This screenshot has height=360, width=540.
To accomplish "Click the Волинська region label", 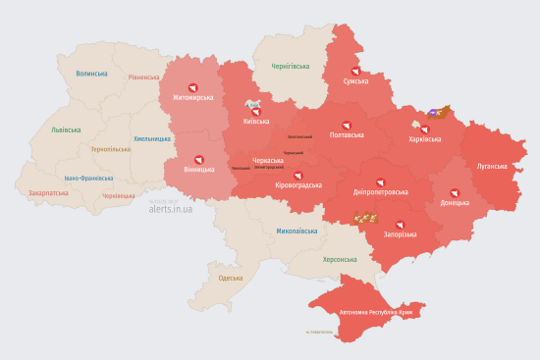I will click(x=91, y=73).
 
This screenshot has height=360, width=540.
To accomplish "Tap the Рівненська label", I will click(x=143, y=77).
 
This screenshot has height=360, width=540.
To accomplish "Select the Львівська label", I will click(x=68, y=130).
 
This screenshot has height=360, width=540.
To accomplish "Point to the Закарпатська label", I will click(x=49, y=193).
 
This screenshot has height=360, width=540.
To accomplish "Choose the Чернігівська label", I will click(x=291, y=66).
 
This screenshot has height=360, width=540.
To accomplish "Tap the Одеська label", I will click(x=230, y=279).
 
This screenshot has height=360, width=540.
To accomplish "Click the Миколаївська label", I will click(x=297, y=231).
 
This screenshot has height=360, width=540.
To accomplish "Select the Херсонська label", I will click(x=341, y=260).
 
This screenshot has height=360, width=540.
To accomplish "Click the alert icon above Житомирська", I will click(x=192, y=87).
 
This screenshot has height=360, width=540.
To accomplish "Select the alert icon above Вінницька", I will click(x=199, y=159).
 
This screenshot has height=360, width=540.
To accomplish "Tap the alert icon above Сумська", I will click(x=355, y=71).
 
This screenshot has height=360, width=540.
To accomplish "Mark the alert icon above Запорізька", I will click(x=400, y=225).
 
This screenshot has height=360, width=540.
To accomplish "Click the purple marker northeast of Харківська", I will click(x=433, y=114).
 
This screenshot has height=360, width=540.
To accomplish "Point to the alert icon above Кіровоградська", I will click(x=298, y=175).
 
